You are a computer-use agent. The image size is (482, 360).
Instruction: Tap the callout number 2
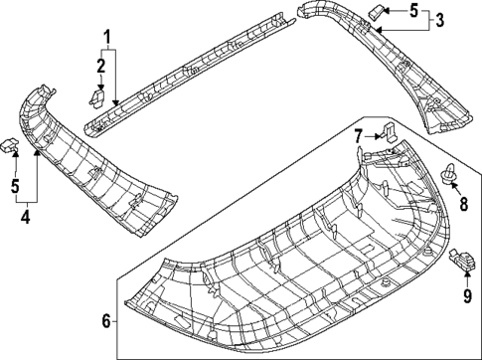coord(101,66)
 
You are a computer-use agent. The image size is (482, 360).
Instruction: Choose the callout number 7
coord(359,135)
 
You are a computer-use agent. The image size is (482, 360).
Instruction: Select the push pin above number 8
coord(449,177)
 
